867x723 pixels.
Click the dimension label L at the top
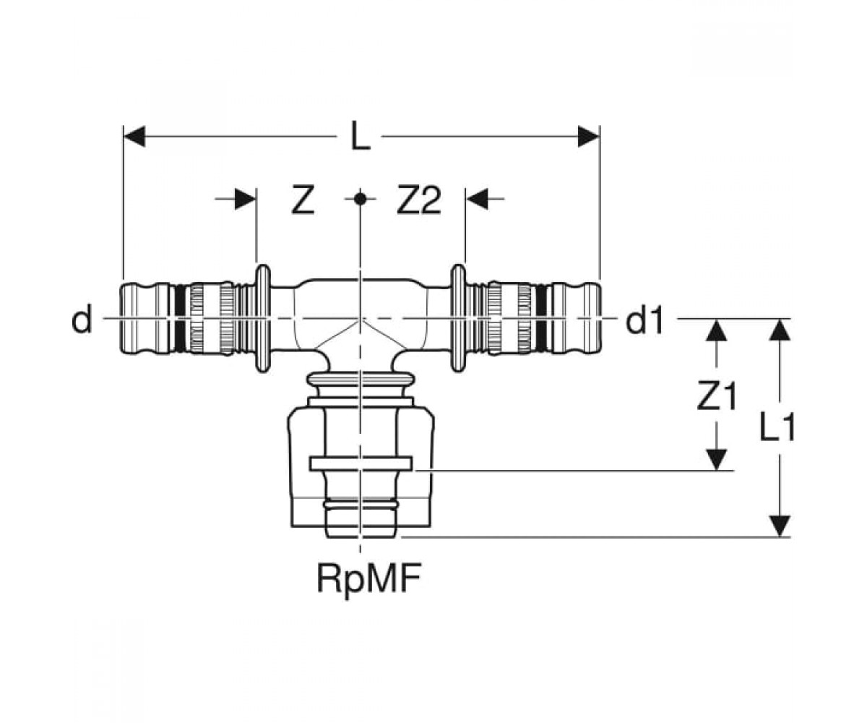click(x=360, y=135)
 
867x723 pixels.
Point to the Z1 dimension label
click(x=716, y=396)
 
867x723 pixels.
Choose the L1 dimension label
click(x=777, y=427)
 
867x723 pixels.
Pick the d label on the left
click(x=82, y=320)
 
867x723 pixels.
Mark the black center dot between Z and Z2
click(x=360, y=199)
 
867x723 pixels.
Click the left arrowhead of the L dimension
click(x=134, y=137)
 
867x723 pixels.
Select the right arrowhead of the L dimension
click(x=588, y=137)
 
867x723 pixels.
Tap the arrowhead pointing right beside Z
click(x=245, y=199)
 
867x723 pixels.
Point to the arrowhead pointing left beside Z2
click(x=476, y=199)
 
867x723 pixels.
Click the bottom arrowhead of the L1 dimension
click(x=780, y=526)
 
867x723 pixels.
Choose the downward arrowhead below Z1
click(x=716, y=460)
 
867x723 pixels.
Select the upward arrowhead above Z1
click(x=716, y=330)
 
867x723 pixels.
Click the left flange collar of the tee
click(x=262, y=318)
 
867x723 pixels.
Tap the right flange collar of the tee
click(x=458, y=318)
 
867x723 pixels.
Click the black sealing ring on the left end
click(x=180, y=319)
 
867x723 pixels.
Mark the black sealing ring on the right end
click(x=541, y=319)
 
